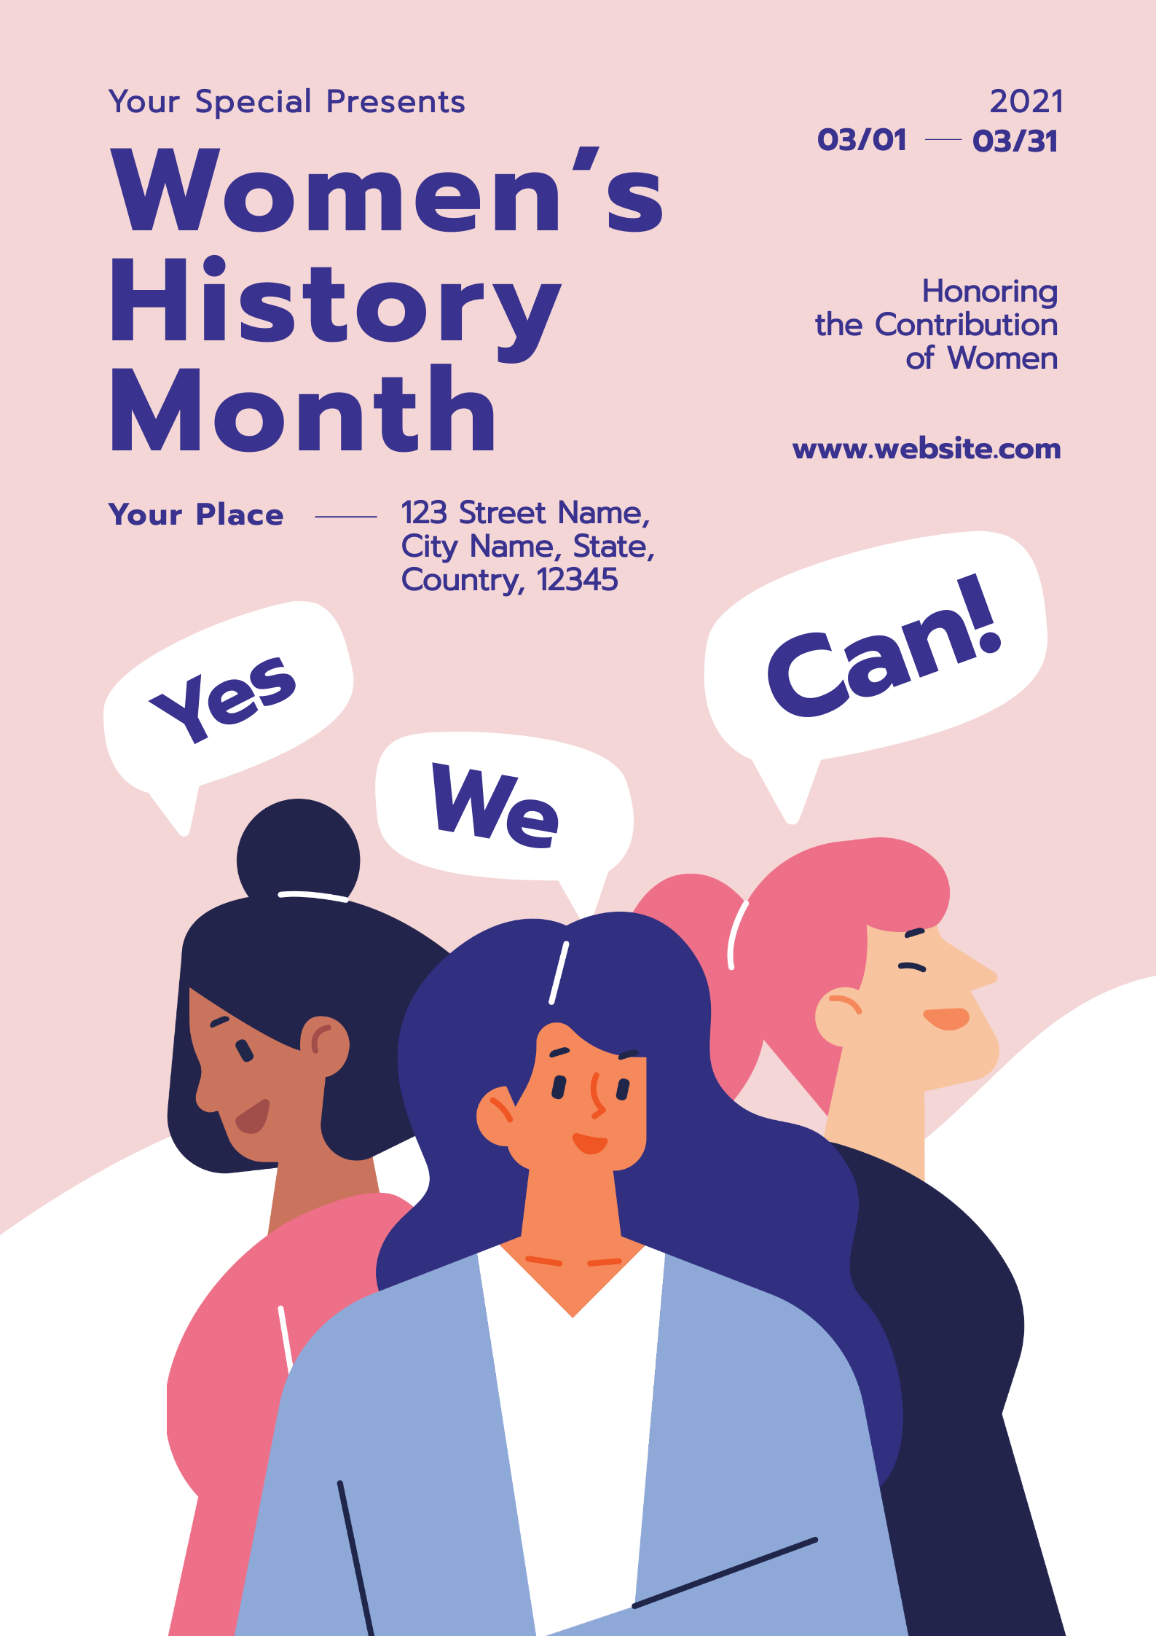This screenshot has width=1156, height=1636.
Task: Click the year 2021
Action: (x=1026, y=102)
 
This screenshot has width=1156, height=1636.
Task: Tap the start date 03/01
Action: (x=862, y=140)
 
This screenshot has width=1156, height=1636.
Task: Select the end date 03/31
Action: (x=1015, y=141)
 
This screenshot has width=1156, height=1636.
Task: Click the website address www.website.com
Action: (x=926, y=449)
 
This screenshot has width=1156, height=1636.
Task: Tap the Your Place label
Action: (x=196, y=515)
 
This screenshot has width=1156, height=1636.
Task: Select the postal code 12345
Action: (x=577, y=581)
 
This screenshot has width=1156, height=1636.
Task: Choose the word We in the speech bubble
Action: (x=496, y=806)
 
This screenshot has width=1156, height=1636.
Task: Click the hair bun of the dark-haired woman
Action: (x=298, y=853)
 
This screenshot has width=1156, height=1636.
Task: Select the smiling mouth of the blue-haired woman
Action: (x=590, y=1143)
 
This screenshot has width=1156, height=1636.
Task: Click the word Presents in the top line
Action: (x=396, y=102)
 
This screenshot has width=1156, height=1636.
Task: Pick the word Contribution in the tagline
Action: (x=966, y=325)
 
